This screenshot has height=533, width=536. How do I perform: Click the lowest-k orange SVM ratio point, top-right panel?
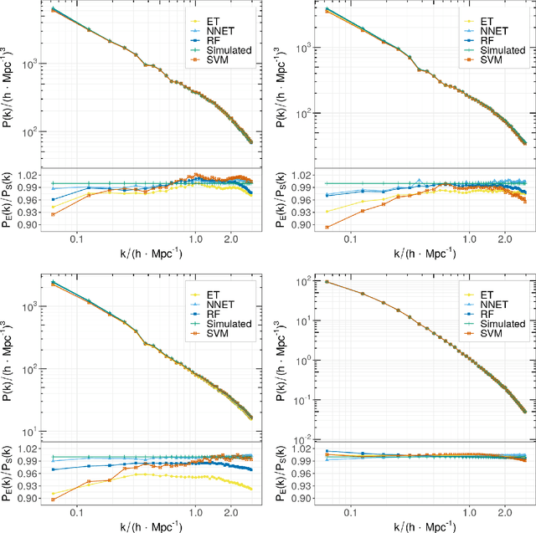coord(327,227)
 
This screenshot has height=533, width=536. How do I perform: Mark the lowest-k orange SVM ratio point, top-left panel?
coord(54,214)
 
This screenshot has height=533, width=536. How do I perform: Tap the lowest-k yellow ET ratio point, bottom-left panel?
coord(54,494)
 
